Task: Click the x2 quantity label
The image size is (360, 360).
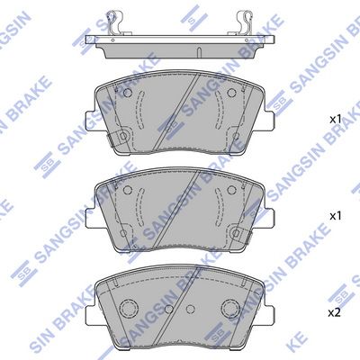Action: tap(335, 313)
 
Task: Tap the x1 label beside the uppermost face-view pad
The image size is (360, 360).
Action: tap(336, 120)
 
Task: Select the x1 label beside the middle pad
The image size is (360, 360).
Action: tap(336, 216)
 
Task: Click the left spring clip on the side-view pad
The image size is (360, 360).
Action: tap(115, 22)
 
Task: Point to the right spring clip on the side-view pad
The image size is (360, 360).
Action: tap(245, 22)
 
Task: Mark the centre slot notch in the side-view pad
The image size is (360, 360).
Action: tap(199, 51)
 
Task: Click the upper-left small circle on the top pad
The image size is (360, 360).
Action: tap(128, 93)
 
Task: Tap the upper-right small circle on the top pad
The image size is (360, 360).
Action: tap(231, 93)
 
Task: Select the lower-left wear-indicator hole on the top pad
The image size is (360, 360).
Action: tap(123, 137)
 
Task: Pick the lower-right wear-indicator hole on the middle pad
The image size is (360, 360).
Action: tap(236, 233)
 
